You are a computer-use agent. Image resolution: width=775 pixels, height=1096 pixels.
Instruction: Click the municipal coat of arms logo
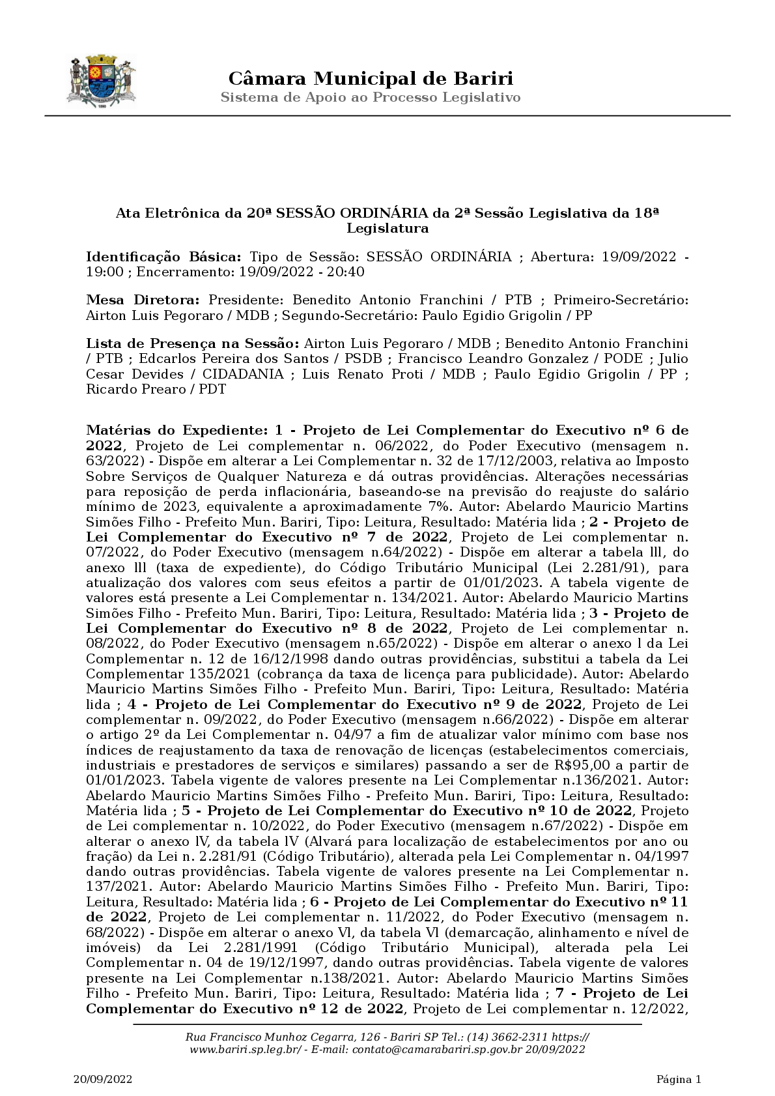pos(101,82)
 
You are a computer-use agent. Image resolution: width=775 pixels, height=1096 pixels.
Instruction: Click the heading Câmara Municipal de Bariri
pos(371,79)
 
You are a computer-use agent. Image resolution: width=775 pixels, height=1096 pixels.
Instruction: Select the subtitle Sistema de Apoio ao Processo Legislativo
pos(371,98)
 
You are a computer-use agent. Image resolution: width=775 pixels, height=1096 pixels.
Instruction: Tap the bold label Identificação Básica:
pos(163,257)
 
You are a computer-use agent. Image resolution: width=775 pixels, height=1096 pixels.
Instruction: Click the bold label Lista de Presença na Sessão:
pos(193,343)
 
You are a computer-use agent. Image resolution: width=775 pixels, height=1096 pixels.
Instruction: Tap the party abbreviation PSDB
pos(359,359)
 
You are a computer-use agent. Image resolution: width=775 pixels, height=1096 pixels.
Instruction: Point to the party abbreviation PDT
pos(212,390)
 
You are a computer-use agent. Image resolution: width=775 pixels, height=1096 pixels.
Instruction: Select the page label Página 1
pos(679,1080)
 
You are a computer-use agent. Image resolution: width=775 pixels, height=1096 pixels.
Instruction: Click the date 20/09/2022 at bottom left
pos(102,1080)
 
